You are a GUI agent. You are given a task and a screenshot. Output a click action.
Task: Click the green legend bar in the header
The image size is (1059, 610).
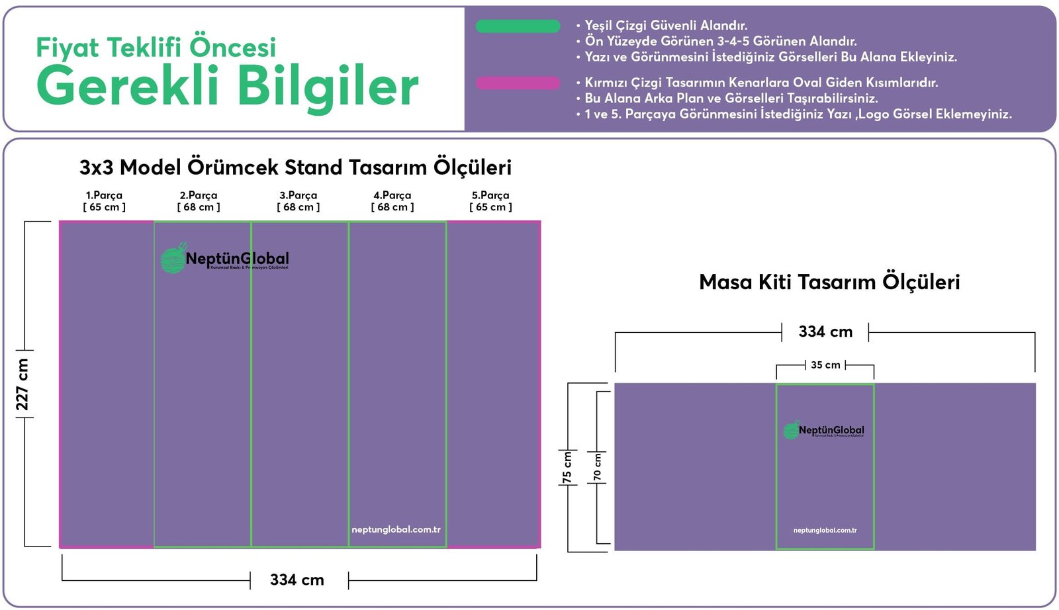click(518, 26)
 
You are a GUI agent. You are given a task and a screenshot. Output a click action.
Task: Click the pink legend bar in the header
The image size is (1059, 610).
click(518, 83)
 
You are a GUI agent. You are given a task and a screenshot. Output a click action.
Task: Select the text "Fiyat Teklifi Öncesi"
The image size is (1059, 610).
click(156, 48)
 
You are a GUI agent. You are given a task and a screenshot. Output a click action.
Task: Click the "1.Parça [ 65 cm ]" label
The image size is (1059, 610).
click(104, 201)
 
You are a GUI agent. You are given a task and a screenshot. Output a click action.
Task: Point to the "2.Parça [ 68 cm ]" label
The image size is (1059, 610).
click(199, 201)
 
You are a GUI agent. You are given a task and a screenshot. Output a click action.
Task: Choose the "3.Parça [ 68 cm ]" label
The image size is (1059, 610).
click(298, 201)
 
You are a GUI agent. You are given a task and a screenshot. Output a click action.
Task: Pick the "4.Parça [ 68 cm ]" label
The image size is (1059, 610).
click(392, 201)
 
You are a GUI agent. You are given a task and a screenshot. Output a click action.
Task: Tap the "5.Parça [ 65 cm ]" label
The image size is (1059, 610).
click(490, 201)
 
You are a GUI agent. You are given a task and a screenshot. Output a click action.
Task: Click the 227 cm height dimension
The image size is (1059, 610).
click(23, 384)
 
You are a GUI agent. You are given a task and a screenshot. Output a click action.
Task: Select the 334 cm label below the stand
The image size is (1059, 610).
click(297, 580)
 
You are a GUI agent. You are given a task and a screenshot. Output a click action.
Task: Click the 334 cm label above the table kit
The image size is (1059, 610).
click(825, 332)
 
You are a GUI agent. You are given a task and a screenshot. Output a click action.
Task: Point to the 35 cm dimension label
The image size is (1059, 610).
click(825, 365)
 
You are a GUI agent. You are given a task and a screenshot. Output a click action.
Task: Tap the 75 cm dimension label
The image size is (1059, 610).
click(567, 467)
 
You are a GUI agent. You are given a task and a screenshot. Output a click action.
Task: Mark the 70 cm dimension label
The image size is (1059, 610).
click(598, 467)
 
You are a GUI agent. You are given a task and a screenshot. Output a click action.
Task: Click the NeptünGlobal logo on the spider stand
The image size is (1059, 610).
click(224, 259)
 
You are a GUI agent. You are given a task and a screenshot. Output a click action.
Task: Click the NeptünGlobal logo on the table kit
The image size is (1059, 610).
click(824, 431)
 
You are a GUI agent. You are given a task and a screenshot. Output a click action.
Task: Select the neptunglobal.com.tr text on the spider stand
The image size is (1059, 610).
click(396, 529)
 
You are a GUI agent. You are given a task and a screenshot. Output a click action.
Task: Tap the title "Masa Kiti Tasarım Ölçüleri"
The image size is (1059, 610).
click(829, 283)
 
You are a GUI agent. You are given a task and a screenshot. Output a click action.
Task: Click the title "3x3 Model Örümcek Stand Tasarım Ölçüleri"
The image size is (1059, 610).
click(295, 167)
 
